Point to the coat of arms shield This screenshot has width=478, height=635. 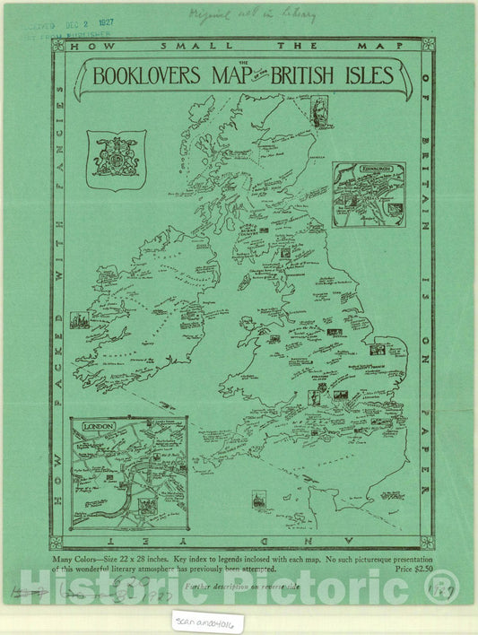116,158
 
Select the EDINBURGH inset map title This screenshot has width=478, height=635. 369,170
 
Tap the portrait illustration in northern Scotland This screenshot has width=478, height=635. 317,109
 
